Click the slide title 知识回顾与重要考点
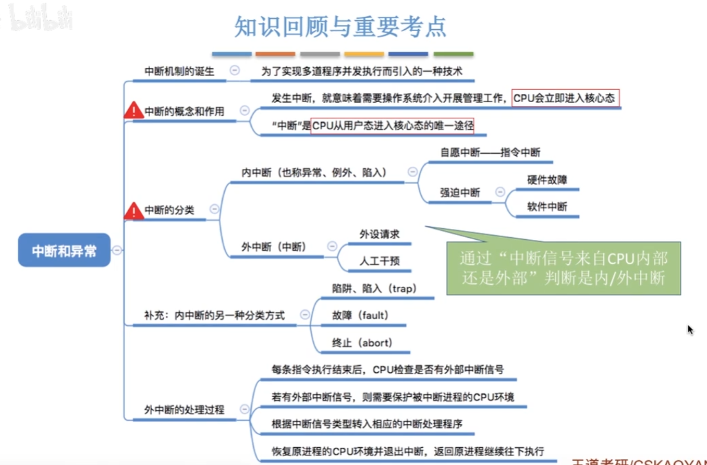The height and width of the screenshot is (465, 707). click(x=340, y=27)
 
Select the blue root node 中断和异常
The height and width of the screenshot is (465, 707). click(x=64, y=251)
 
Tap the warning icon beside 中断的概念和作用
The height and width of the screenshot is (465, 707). click(x=134, y=111)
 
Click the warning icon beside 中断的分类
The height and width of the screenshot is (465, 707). click(x=134, y=211)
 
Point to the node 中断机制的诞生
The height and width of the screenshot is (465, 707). click(x=179, y=71)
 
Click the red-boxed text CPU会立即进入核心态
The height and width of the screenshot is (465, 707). click(x=566, y=98)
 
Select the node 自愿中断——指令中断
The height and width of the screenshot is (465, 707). click(x=490, y=153)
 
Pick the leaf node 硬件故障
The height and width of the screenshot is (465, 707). click(x=547, y=180)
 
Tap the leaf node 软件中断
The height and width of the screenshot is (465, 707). click(x=547, y=206)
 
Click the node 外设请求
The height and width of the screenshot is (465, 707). click(x=380, y=234)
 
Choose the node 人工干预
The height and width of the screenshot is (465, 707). click(x=380, y=261)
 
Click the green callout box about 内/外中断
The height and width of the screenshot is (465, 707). click(x=563, y=268)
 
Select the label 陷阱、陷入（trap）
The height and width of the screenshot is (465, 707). click(x=374, y=288)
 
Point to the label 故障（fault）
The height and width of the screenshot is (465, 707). click(x=360, y=315)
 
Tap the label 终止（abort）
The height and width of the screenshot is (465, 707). click(x=362, y=342)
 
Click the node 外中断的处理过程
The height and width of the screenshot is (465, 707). click(x=184, y=410)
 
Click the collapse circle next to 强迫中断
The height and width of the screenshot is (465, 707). click(x=499, y=192)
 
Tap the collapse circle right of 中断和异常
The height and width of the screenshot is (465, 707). click(x=117, y=250)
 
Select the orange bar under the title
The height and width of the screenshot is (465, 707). click(x=275, y=54)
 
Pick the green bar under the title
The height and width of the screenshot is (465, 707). click(x=453, y=54)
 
